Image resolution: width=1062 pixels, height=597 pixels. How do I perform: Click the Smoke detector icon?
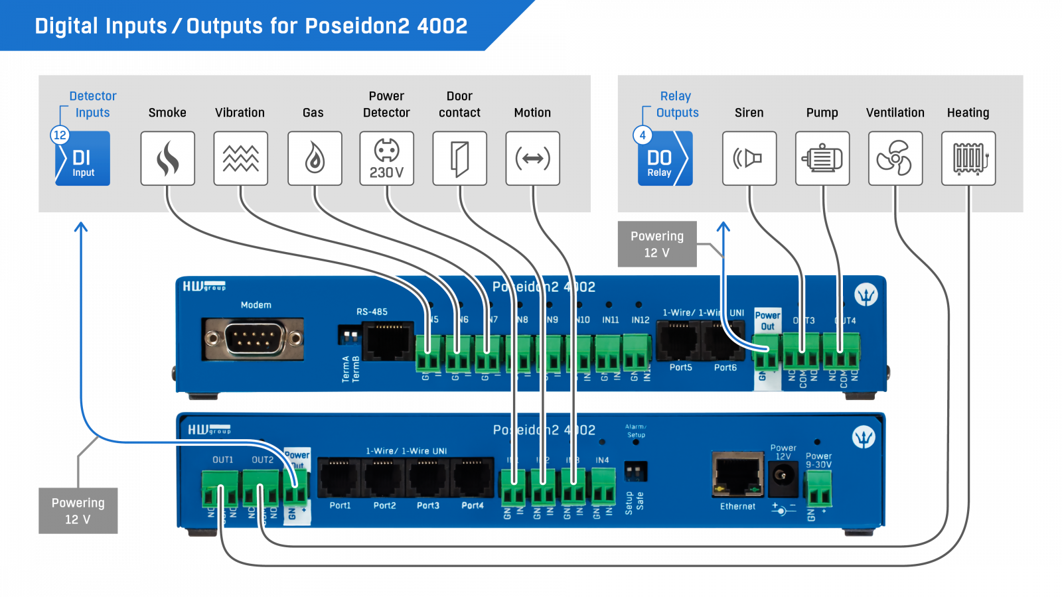(167, 158)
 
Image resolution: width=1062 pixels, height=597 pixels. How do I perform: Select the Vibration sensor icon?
(240, 158)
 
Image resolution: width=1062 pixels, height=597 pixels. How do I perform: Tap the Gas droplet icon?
(315, 158)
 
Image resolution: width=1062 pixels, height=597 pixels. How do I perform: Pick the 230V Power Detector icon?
(386, 158)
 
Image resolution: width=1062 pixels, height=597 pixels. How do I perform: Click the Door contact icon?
(459, 158)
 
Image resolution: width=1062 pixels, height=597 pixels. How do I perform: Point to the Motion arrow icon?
(532, 158)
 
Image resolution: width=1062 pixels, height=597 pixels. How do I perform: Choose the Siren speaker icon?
(749, 158)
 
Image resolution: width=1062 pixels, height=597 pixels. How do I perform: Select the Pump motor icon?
(822, 158)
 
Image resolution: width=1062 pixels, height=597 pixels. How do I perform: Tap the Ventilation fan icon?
(895, 158)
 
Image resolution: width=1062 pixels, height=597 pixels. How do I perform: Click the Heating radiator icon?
(968, 158)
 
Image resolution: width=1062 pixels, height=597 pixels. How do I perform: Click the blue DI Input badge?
(82, 159)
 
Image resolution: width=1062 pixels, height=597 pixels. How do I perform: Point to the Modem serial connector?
(253, 339)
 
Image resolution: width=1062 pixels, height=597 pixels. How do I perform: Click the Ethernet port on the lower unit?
(737, 476)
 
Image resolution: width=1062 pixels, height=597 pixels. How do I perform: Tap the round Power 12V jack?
(783, 476)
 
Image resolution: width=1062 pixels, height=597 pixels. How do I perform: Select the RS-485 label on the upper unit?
(372, 312)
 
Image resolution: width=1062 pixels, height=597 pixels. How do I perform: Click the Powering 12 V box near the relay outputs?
(656, 244)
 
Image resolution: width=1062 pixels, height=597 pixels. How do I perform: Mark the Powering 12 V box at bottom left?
(78, 511)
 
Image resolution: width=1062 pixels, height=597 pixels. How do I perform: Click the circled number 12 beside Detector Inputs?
(60, 135)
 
